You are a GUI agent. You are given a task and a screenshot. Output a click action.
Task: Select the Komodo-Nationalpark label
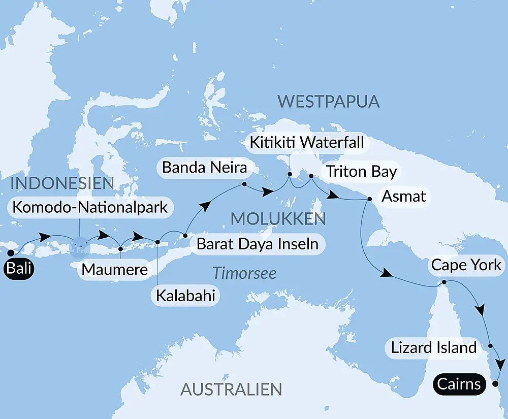90,207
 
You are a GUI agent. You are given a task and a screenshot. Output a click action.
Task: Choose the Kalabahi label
185,295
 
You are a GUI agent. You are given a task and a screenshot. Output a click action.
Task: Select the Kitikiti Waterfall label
307,142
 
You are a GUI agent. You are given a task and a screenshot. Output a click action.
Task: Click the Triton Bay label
361,171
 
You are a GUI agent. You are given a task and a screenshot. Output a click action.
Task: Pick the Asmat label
404,196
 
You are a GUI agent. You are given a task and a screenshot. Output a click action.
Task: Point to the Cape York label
466,265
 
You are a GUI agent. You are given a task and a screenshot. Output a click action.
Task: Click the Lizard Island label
434,347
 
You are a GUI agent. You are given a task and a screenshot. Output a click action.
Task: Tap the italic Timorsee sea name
244,273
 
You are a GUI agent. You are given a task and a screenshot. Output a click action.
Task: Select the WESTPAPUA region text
329,101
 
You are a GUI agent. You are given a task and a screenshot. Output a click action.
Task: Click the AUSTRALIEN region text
231,390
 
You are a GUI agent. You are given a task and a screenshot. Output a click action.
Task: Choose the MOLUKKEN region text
277,219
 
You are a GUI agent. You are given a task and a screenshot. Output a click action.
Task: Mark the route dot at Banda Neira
244,184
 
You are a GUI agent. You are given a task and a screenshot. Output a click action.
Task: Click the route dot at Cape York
444,282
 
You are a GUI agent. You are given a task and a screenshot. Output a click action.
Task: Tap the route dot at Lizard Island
490,346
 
